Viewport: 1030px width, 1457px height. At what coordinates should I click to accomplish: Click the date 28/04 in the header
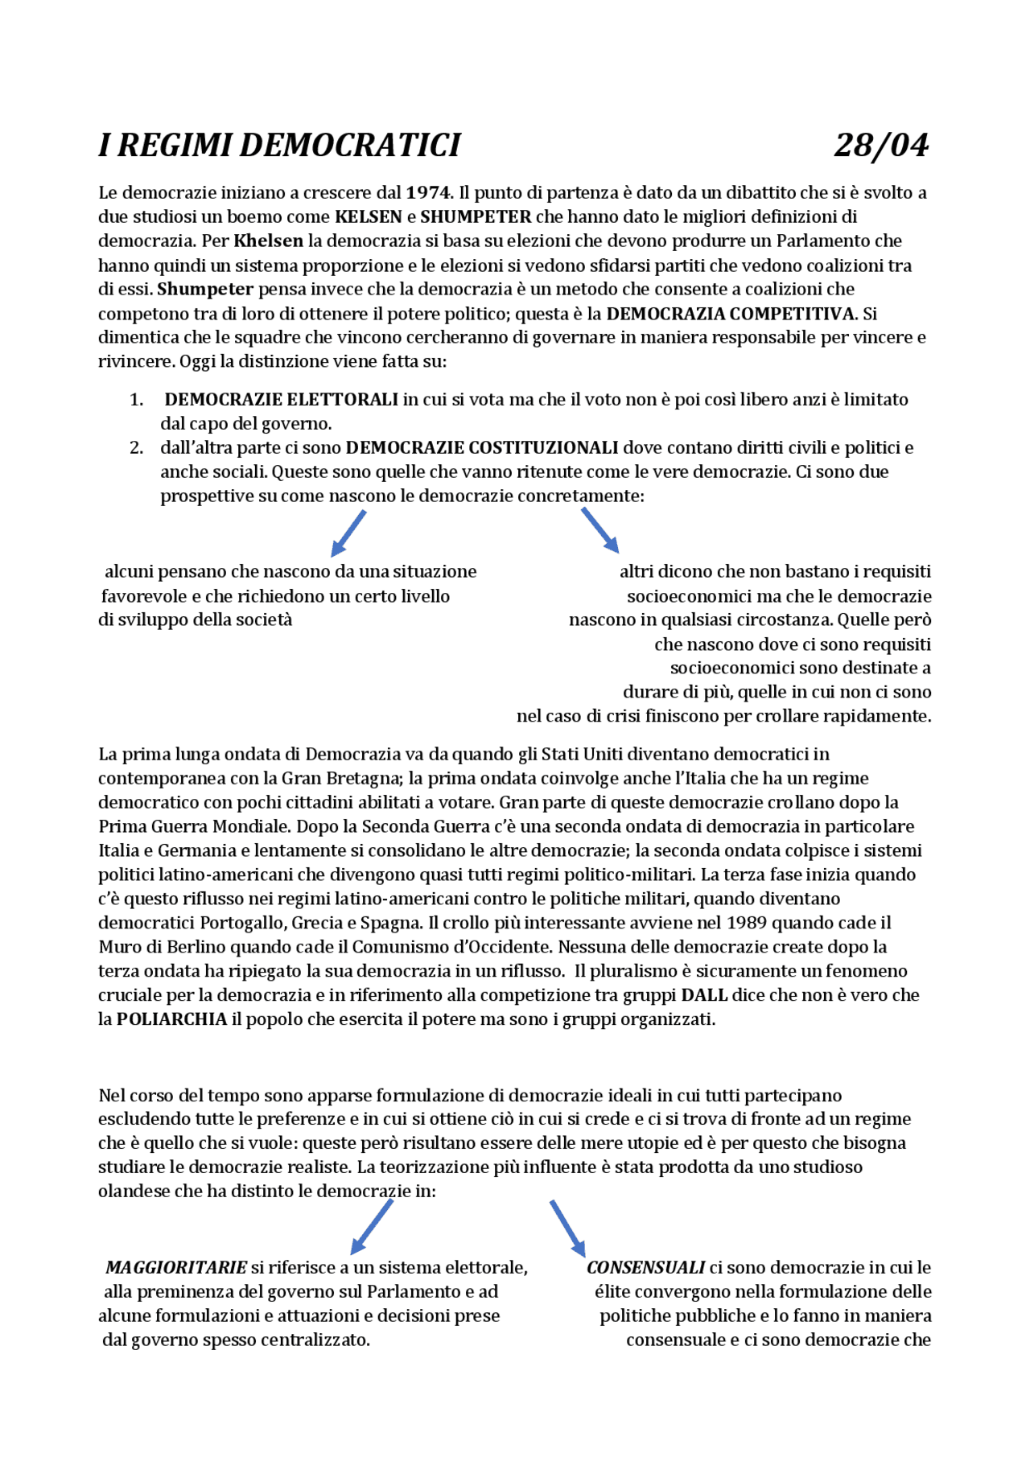click(x=881, y=146)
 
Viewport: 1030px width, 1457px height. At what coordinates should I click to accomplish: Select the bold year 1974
click(x=428, y=193)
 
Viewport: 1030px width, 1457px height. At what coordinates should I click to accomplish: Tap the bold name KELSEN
click(x=368, y=217)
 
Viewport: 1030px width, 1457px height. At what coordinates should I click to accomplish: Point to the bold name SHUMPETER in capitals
click(x=476, y=217)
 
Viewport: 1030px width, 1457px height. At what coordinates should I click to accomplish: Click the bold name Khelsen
click(x=268, y=241)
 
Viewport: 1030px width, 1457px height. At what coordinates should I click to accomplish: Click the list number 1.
click(x=136, y=400)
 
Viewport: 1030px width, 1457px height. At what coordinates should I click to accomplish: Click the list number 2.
click(x=136, y=448)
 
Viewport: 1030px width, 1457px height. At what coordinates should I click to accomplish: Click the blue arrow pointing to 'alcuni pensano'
click(x=348, y=533)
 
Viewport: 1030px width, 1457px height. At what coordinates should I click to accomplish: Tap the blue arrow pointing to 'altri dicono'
click(x=600, y=530)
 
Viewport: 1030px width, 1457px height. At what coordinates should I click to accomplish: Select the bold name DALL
click(x=704, y=995)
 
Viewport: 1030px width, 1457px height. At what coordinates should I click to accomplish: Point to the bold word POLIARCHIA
click(x=171, y=1019)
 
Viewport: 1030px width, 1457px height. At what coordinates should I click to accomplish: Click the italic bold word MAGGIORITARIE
click(x=176, y=1268)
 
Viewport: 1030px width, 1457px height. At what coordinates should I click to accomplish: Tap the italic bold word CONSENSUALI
click(x=645, y=1268)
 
